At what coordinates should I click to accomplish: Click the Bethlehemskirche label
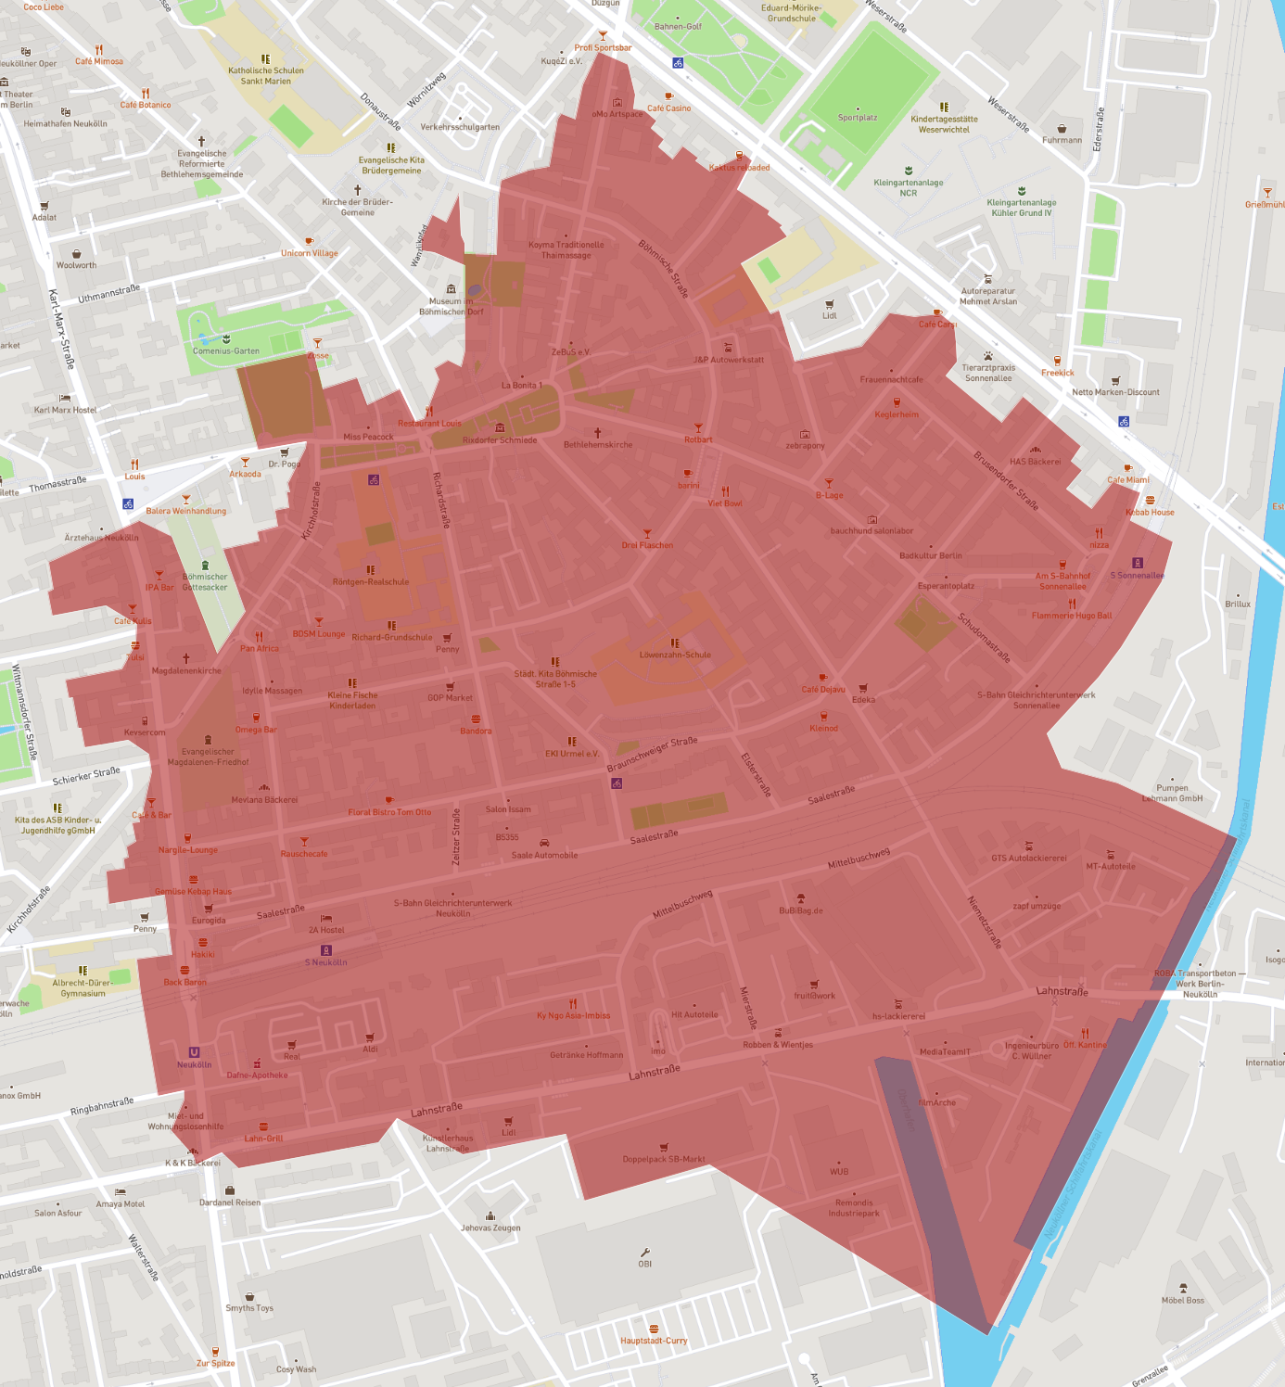tap(598, 444)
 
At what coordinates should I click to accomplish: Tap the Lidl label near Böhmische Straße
tap(829, 315)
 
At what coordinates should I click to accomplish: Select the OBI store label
tap(644, 1264)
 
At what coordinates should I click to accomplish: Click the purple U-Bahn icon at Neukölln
tap(194, 1052)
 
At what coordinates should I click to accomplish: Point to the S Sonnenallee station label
tap(1138, 575)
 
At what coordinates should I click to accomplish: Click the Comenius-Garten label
tap(226, 350)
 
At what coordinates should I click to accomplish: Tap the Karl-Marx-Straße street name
tap(61, 329)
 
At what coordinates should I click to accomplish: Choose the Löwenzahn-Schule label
tap(675, 655)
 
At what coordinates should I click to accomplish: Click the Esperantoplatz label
tap(946, 585)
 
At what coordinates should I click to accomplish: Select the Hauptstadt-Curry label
tap(654, 1341)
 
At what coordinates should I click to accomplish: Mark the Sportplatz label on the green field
tap(857, 118)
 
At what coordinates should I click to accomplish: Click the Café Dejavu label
tap(823, 689)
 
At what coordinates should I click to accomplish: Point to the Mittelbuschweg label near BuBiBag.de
tap(859, 858)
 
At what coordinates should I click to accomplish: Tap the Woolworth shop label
tap(76, 265)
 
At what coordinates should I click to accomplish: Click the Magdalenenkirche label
tap(186, 670)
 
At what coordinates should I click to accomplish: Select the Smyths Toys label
tap(249, 1308)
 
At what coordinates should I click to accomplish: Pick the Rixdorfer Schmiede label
tap(500, 439)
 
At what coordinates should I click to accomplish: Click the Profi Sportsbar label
tap(603, 47)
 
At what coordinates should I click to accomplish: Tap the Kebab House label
tap(1150, 512)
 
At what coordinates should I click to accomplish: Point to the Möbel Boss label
tap(1182, 1300)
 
